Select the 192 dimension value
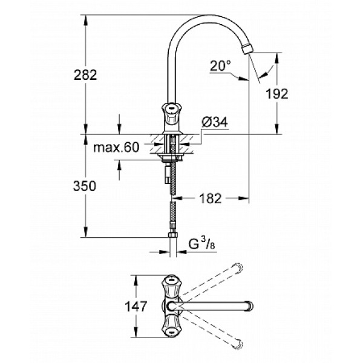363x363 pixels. point(276,93)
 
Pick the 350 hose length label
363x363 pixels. point(84,186)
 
